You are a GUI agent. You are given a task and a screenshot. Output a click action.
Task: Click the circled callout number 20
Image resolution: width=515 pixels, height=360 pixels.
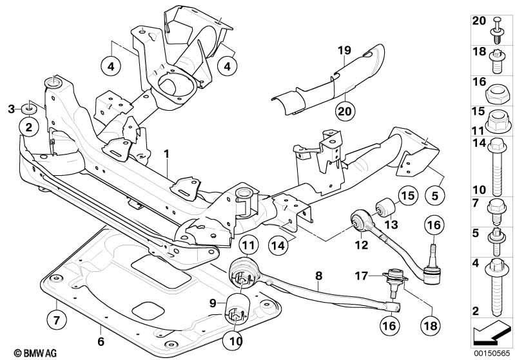(345, 111)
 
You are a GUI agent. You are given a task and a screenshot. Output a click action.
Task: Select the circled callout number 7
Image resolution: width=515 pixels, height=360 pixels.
(57, 318)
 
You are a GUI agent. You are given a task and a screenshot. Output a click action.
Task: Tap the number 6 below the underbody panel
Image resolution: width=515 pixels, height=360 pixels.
(101, 341)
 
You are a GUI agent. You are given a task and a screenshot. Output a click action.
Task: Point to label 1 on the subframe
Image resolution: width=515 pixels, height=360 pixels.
(166, 154)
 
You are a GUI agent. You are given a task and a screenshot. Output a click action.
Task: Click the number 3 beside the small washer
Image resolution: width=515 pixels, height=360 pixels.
(11, 108)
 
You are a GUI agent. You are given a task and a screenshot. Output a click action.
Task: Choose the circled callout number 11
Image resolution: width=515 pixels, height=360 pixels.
(249, 245)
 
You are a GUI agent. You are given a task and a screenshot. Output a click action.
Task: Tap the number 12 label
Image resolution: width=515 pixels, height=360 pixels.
(360, 244)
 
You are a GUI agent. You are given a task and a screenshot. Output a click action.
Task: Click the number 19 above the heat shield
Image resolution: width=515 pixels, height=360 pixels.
(343, 50)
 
